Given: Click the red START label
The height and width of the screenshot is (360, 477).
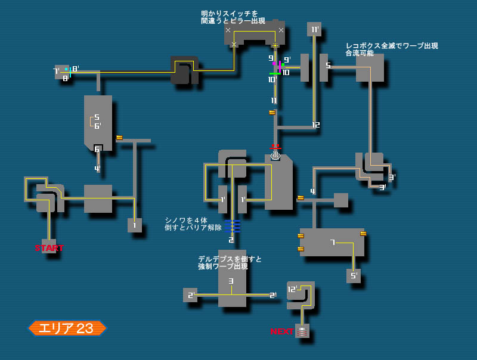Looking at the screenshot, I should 49,248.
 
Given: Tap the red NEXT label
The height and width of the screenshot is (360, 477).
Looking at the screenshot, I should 281,331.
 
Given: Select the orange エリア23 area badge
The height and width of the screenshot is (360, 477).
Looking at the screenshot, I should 67,328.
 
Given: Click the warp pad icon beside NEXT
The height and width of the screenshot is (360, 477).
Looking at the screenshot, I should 302,331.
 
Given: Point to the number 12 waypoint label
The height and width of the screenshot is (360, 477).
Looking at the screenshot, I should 315,125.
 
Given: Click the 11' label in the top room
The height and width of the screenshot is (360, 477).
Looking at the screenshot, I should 314,29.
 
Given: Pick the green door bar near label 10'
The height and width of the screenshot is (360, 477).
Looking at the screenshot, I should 274,73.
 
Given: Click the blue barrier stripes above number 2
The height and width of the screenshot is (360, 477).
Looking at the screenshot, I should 232,225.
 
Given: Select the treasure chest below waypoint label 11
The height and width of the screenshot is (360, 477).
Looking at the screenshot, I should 272,112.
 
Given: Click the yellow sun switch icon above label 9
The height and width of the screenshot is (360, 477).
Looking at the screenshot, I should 275,45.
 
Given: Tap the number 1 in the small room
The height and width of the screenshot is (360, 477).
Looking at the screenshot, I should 134,225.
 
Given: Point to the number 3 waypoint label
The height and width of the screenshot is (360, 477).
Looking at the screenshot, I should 231,281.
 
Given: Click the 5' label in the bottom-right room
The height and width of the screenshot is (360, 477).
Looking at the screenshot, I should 354,276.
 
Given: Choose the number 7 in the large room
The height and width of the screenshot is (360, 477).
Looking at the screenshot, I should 332,242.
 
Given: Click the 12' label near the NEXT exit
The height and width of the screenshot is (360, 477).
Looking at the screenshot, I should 292,289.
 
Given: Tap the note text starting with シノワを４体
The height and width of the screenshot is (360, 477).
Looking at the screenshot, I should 193,224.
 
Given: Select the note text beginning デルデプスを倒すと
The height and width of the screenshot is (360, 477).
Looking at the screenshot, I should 230,262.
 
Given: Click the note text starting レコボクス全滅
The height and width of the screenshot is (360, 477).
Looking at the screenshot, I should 392,49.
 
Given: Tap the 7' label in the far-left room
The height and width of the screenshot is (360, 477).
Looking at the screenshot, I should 56,72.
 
